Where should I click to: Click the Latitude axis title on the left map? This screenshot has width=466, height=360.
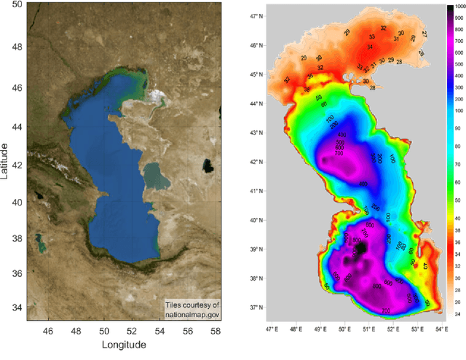pos(6,162)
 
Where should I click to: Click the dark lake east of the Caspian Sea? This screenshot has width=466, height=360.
pos(210,165)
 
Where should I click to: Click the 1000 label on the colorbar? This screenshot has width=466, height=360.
pos(459,7)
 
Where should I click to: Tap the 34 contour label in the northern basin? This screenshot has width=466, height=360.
pos(370,47)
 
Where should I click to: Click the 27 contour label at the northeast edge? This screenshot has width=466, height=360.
pos(424,34)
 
